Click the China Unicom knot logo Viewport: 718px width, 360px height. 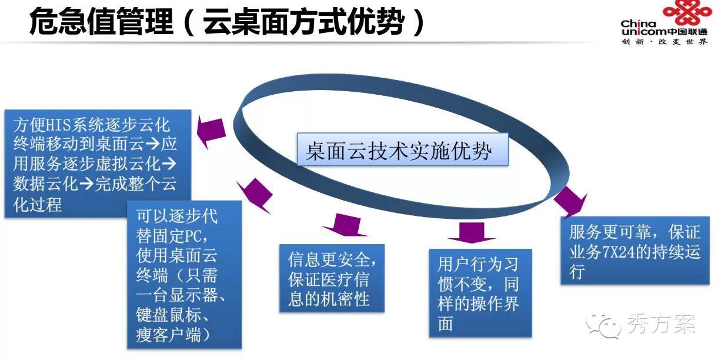(687, 13)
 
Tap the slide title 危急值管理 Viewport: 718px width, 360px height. (102, 22)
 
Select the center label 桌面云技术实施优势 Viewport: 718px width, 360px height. (399, 151)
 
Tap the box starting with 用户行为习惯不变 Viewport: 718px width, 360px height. (480, 292)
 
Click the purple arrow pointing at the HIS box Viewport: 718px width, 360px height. (211, 132)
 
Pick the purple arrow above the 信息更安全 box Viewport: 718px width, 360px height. (341, 225)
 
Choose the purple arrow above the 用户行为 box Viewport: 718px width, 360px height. (471, 232)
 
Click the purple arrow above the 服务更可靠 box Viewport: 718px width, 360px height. (569, 202)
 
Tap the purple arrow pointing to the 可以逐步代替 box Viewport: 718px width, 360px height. (254, 194)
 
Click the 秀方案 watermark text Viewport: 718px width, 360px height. (661, 324)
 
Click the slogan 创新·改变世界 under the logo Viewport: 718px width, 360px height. (664, 42)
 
